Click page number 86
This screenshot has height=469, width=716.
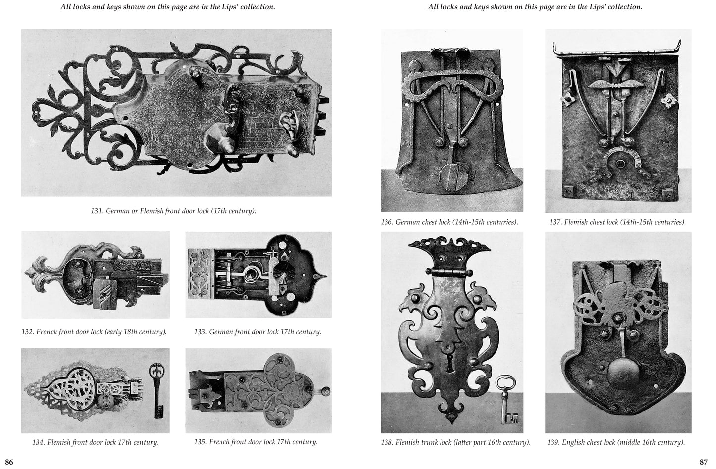9,462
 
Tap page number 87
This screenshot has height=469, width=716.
704,462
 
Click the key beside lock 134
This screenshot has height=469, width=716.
157,390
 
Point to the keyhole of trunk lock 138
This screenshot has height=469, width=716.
450,363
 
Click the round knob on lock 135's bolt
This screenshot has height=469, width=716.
326,391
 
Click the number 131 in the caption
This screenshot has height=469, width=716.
97,211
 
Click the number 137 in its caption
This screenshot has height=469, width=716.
555,222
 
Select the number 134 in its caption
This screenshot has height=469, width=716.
38,442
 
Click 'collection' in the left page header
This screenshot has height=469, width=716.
257,7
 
